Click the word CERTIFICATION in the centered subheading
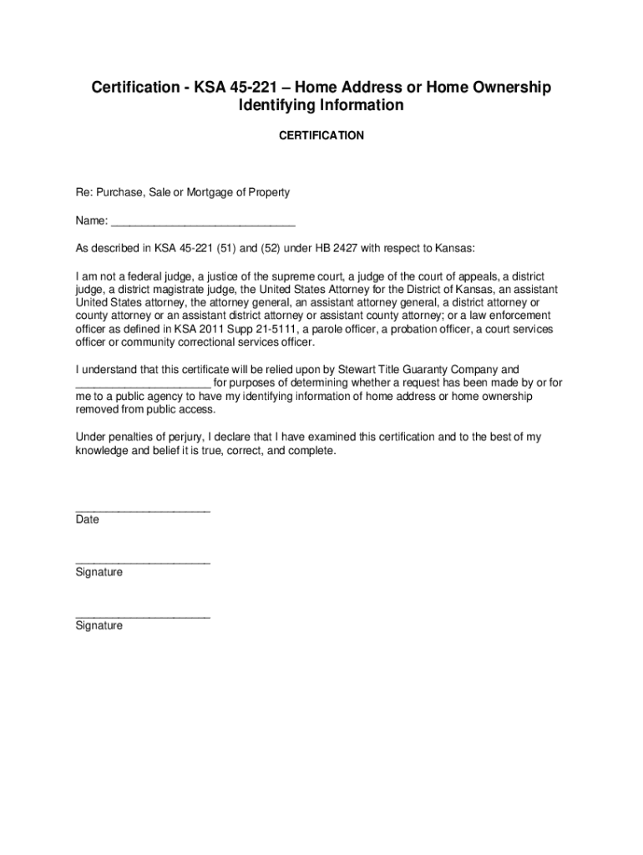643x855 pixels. pos(321,134)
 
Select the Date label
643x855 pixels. pos(87,519)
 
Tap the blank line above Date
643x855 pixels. pos(143,509)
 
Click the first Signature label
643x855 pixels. pos(99,572)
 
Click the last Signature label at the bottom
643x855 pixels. pos(99,625)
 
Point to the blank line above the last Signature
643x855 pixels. pos(143,616)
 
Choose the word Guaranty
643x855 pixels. pos(451,368)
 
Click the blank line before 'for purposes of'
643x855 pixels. pos(143,382)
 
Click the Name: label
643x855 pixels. pos(92,221)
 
